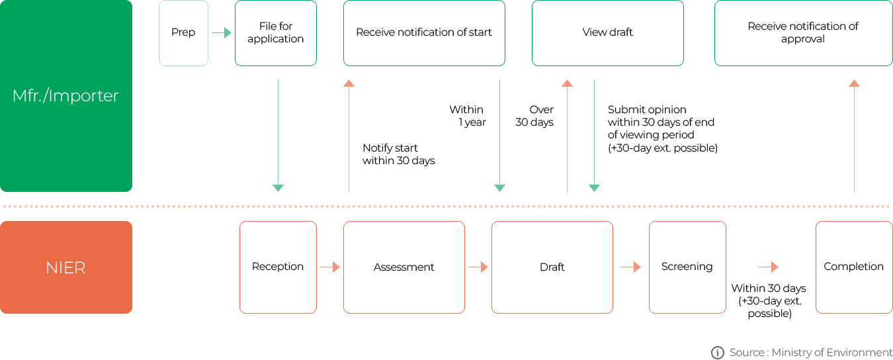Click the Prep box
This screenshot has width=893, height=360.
(183, 33)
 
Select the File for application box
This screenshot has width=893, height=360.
(275, 33)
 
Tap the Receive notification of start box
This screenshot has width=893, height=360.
(424, 33)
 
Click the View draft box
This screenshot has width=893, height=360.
(607, 33)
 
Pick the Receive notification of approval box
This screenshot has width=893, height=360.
(802, 33)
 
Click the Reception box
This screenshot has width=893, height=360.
(278, 267)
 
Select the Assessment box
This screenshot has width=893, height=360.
(404, 267)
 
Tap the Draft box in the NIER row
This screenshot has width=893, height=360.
(552, 267)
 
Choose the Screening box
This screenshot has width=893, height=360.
(687, 267)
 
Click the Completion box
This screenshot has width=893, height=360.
(853, 267)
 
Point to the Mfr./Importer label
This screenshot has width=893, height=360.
(66, 96)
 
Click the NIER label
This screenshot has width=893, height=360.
(66, 267)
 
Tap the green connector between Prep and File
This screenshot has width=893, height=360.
(222, 32)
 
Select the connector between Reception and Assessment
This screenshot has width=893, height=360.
(330, 267)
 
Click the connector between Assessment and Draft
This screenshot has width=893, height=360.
(478, 267)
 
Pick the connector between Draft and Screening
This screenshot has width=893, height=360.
(631, 267)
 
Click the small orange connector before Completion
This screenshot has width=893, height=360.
(769, 267)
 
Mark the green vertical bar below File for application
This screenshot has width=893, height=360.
(278, 136)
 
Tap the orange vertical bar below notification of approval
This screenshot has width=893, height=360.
(854, 136)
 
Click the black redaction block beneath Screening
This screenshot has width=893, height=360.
(769, 302)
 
